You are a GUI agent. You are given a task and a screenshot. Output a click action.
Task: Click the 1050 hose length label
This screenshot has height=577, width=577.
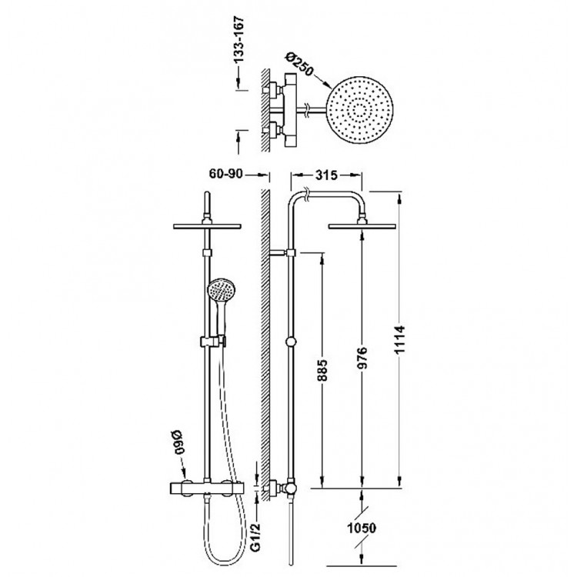click(364, 530)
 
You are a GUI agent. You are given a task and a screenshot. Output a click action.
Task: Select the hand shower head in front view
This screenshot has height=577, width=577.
click(219, 292)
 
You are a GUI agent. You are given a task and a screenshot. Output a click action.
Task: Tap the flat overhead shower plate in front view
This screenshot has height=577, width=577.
click(208, 226)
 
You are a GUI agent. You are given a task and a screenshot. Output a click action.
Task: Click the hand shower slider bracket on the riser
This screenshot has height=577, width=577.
click(210, 341)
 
